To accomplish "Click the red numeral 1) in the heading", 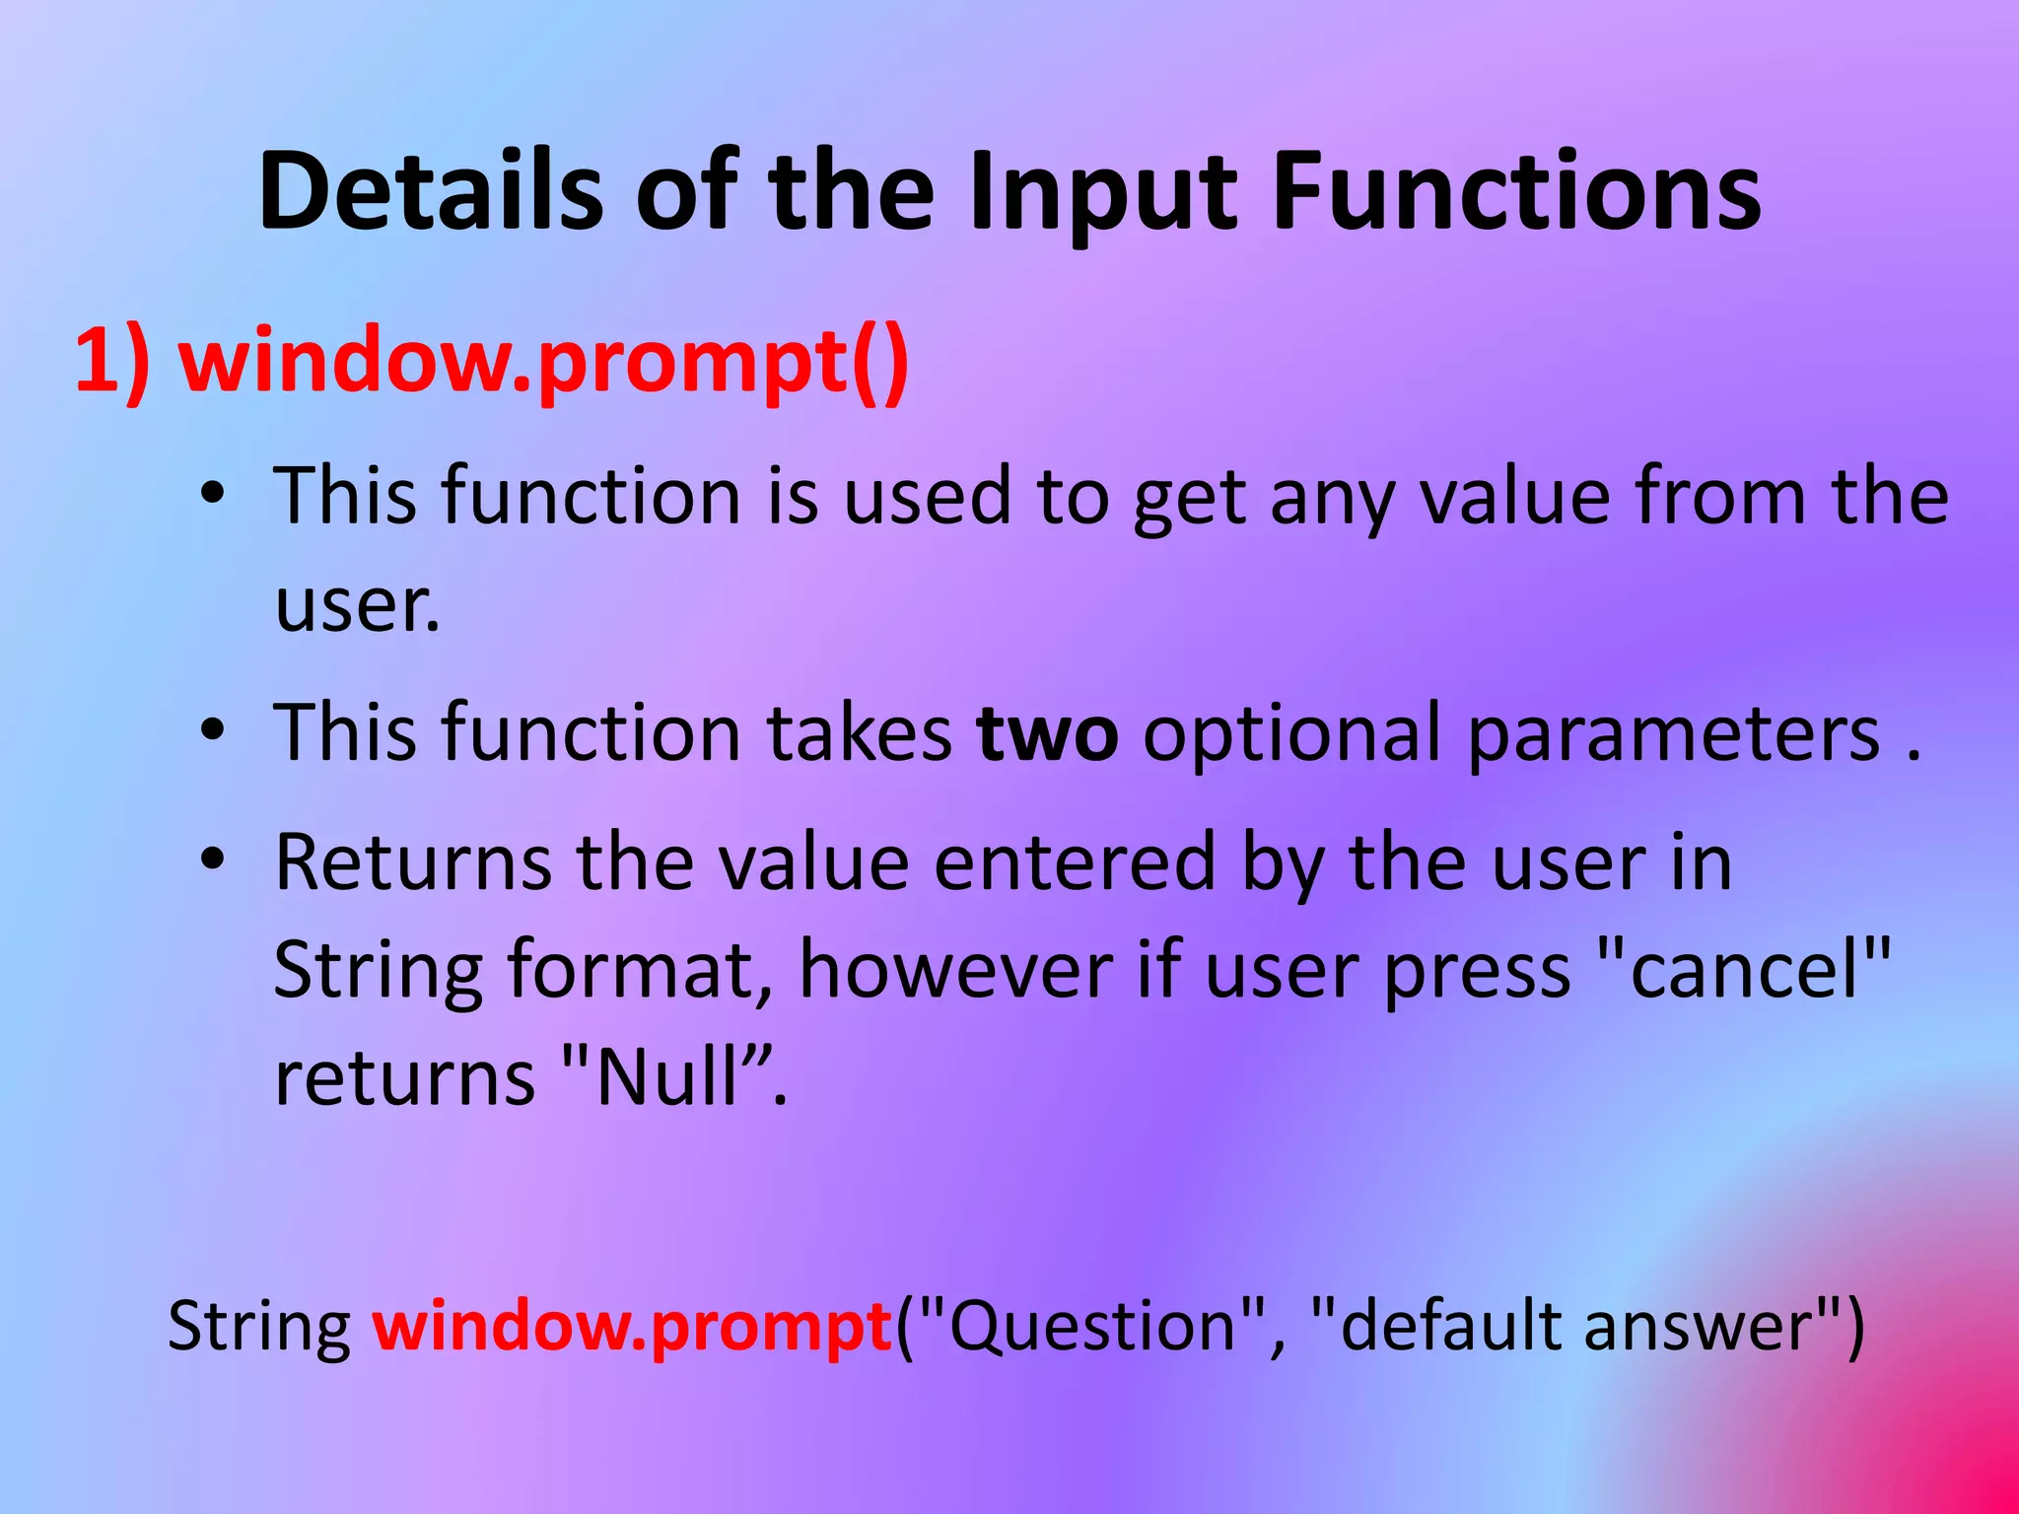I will (112, 361).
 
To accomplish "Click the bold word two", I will (1047, 732).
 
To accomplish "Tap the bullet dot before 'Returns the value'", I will (212, 860).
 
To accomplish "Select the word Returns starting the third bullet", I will (412, 862).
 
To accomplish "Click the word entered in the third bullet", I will (1075, 862).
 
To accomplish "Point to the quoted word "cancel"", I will (1743, 970).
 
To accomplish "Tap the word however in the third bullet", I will (955, 970).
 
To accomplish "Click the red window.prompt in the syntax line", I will (632, 1326).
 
